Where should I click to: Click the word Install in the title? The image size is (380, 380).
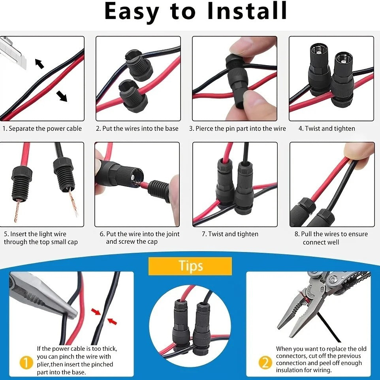[x=247, y=11]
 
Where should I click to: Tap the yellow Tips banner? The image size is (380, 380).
[x=190, y=266]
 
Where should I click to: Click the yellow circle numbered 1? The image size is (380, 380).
[x=26, y=363]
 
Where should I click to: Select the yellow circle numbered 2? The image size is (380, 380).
[x=265, y=363]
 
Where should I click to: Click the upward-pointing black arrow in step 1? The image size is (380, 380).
[x=39, y=63]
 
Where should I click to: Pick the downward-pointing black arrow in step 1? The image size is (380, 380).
[x=62, y=96]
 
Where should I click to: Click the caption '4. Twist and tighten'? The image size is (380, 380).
[x=327, y=128]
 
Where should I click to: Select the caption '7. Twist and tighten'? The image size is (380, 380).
[x=230, y=234]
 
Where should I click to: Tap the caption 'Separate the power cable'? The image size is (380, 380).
[x=45, y=128]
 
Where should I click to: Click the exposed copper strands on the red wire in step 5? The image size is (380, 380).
[x=17, y=210]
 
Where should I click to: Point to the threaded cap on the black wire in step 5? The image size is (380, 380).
[x=63, y=173]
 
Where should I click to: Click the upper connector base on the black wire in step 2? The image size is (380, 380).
[x=139, y=64]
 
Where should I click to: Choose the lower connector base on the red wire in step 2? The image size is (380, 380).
[x=133, y=96]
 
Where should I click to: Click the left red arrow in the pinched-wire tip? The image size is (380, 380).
[x=96, y=312]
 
